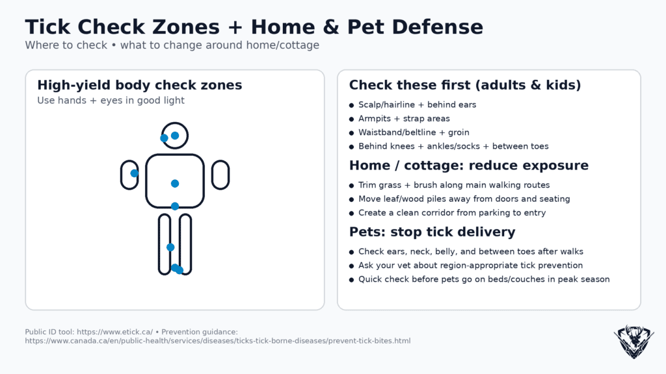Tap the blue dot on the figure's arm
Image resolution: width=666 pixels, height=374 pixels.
click(x=134, y=173)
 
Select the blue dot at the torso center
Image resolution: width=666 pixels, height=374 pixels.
click(x=175, y=184)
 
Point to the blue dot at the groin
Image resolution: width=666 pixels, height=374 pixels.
click(x=175, y=206)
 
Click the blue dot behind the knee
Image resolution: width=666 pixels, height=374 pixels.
click(x=170, y=247)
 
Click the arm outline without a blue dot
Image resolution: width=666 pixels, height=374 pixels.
click(x=220, y=175)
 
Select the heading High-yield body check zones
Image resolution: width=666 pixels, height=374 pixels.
click(x=140, y=85)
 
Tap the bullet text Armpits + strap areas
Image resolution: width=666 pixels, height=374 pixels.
click(x=404, y=119)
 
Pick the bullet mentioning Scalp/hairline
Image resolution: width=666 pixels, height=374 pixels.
click(x=417, y=105)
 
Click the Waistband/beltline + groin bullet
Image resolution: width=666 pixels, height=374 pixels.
click(x=414, y=132)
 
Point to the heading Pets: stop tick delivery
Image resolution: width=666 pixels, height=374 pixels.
click(x=432, y=232)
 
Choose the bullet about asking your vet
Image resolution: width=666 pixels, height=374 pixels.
click(x=470, y=266)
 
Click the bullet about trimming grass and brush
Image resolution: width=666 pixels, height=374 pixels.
click(x=454, y=185)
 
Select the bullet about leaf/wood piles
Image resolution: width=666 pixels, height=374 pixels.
click(x=464, y=199)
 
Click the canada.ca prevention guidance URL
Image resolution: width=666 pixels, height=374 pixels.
click(x=218, y=341)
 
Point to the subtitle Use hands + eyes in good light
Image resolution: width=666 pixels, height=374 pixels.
click(x=111, y=101)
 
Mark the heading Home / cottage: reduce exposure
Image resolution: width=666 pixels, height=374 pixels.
click(x=469, y=165)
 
